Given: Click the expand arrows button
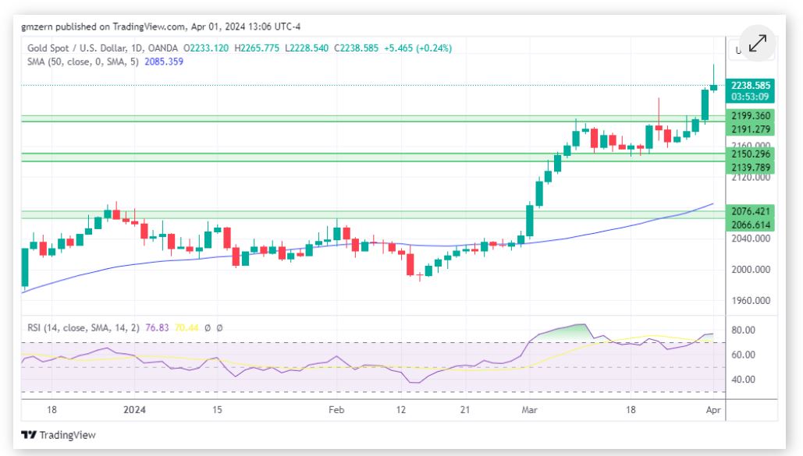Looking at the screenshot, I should pyautogui.click(x=756, y=44).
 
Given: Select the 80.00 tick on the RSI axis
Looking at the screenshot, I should pyautogui.click(x=742, y=331).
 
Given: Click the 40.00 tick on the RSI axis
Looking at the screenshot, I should pyautogui.click(x=742, y=380).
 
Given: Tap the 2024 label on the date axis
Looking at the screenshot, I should pyautogui.click(x=135, y=408).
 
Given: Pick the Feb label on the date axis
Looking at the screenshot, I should pyautogui.click(x=336, y=408).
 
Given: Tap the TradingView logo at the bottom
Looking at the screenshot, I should pyautogui.click(x=59, y=435).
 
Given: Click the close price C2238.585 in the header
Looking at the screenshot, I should pyautogui.click(x=357, y=48).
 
